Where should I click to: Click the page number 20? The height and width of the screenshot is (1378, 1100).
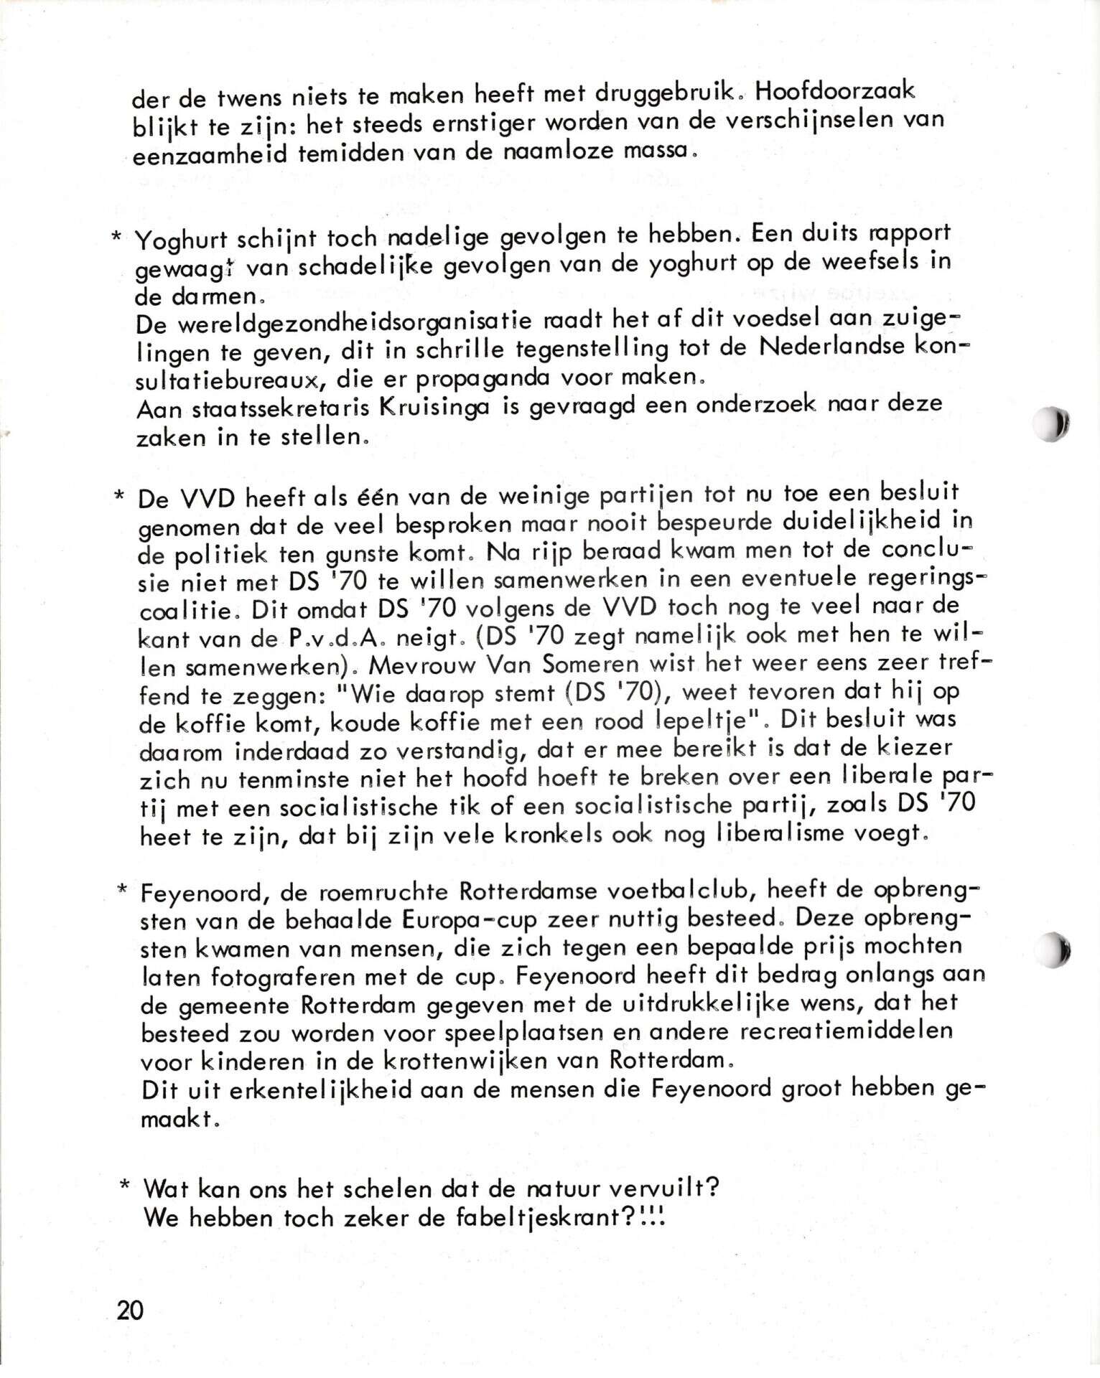(130, 1310)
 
